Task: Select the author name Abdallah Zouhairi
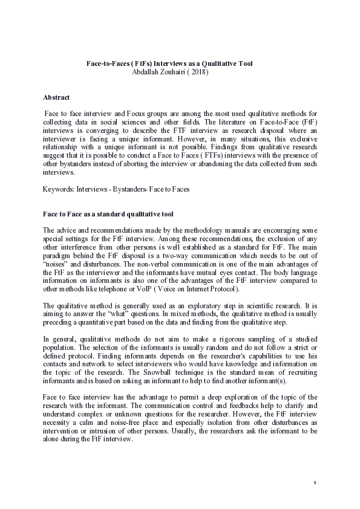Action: tap(159, 71)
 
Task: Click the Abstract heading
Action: tap(56, 97)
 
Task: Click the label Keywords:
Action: tap(58, 189)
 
